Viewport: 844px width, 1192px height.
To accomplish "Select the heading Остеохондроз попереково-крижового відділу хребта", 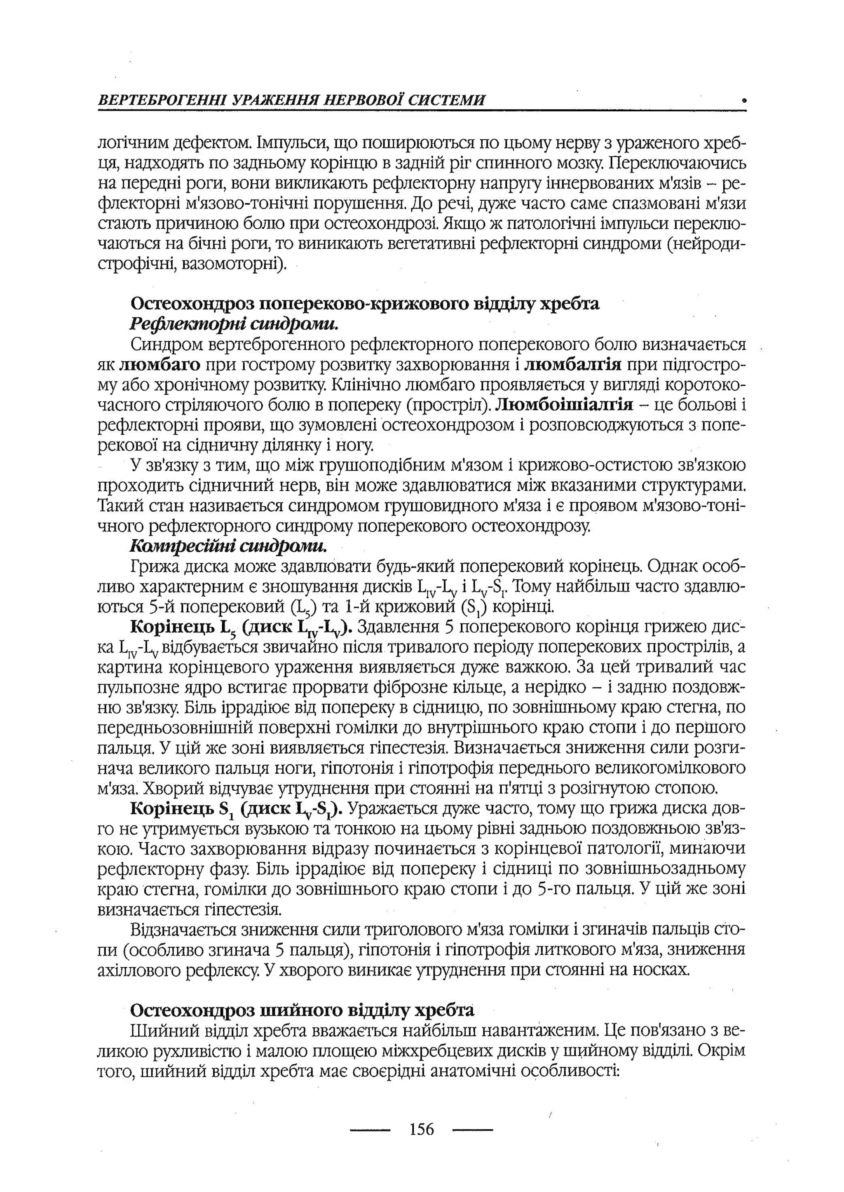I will click(x=364, y=303).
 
